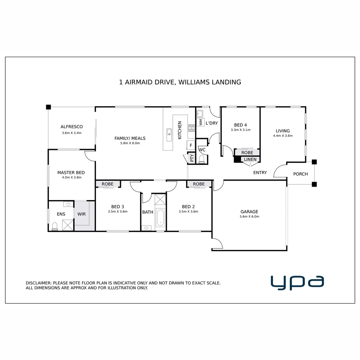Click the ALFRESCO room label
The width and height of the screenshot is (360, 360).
[72, 127]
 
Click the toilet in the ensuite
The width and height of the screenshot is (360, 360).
[55, 226]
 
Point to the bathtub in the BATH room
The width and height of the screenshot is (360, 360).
[160, 217]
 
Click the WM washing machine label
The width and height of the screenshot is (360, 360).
[201, 122]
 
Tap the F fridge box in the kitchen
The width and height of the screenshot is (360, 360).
[191, 145]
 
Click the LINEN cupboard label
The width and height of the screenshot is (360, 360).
[250, 159]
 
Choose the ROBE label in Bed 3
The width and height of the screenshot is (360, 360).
[107, 184]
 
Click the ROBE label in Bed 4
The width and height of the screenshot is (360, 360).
[247, 152]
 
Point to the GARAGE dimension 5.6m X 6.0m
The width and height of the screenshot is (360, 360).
[249, 216]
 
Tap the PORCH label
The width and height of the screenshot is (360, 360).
[300, 174]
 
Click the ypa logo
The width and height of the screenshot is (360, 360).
[297, 283]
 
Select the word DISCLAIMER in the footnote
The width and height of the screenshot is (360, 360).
[38, 283]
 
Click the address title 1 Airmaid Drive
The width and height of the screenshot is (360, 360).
[180, 82]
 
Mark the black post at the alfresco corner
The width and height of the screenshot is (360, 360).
[48, 107]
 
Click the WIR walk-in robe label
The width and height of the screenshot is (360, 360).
[82, 214]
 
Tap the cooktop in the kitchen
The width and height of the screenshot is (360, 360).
[191, 128]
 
